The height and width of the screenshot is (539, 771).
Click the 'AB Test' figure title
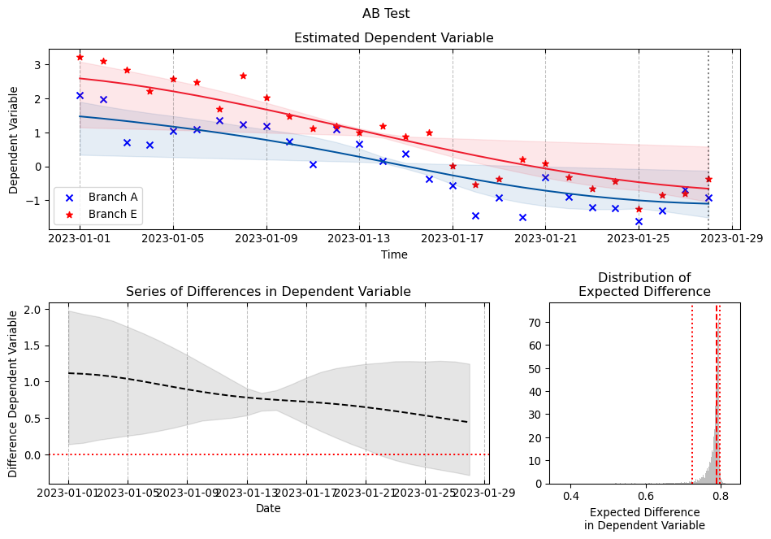386,14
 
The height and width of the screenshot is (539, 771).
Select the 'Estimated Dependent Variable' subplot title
393,38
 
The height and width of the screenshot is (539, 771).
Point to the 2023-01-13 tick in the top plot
359,239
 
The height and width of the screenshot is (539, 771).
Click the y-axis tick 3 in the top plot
38,65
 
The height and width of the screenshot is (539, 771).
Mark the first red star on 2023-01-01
80,57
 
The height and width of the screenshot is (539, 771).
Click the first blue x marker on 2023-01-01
80,95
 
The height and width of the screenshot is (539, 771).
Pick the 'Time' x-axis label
394,254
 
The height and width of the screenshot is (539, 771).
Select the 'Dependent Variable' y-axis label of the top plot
14,140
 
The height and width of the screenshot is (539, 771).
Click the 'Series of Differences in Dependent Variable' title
268,292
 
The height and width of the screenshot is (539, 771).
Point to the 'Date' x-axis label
268,508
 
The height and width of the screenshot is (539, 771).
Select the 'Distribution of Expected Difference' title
643,285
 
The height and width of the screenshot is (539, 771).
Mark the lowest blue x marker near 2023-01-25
639,221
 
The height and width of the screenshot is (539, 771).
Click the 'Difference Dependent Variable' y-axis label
14,393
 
